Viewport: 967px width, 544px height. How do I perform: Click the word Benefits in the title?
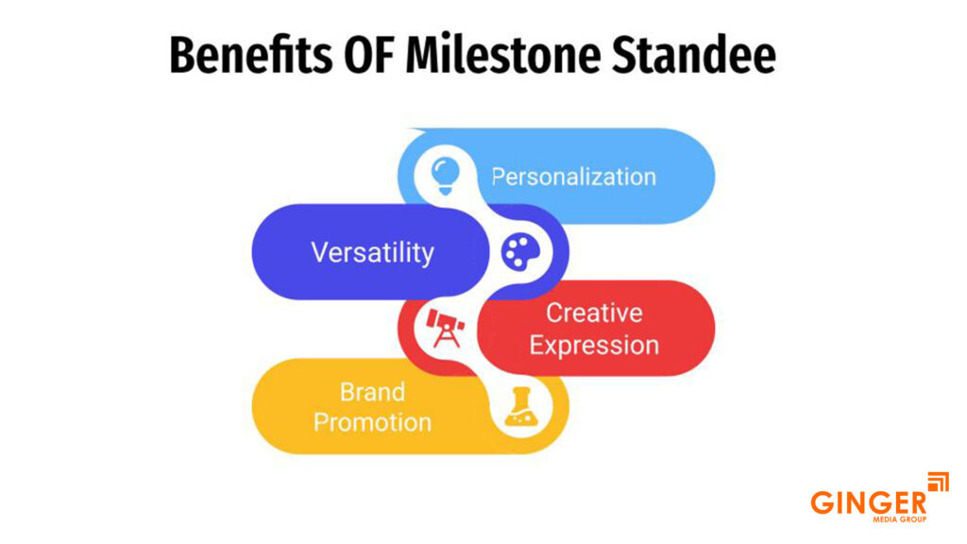pos(250,56)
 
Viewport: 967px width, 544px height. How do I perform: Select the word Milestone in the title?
pos(502,56)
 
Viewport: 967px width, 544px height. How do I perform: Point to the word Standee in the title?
pos(694,56)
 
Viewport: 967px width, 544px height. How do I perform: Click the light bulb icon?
pos(446,176)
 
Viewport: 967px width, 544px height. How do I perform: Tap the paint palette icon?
pos(520,251)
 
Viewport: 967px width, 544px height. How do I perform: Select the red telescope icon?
pos(446,328)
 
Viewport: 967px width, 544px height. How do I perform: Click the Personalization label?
pos(573,177)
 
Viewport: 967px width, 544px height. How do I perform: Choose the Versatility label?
pos(372,252)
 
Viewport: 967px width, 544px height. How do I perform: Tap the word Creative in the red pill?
pos(594,313)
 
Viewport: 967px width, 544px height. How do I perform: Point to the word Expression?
pos(594,346)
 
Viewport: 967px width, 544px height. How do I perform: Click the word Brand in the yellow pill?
pos(372,392)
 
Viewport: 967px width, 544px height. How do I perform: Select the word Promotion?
pos(372,422)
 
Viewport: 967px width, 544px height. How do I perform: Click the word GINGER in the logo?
pos(869,502)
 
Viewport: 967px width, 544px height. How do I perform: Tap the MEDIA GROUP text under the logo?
pos(899,519)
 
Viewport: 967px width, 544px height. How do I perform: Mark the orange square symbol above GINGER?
pos(938,482)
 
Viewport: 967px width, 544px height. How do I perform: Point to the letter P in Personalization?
pos(499,177)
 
